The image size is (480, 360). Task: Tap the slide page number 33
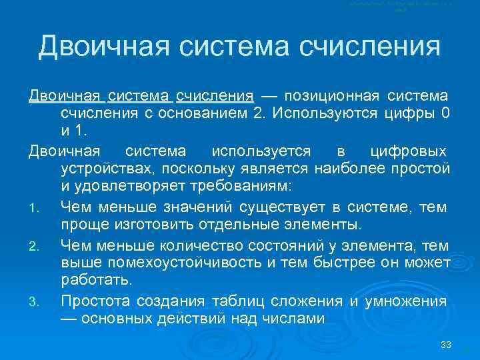click(x=446, y=345)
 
